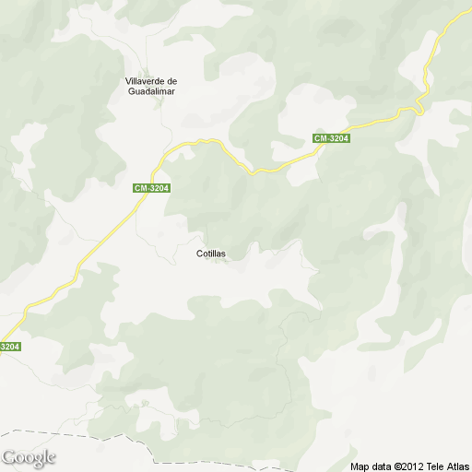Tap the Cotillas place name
click(x=211, y=253)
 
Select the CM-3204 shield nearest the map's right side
click(x=331, y=138)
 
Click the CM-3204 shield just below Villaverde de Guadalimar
click(x=152, y=188)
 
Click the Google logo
click(x=29, y=457)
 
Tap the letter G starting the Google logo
click(x=8, y=456)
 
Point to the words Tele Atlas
click(x=448, y=466)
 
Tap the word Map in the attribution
click(x=360, y=466)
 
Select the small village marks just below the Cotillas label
click(x=219, y=261)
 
